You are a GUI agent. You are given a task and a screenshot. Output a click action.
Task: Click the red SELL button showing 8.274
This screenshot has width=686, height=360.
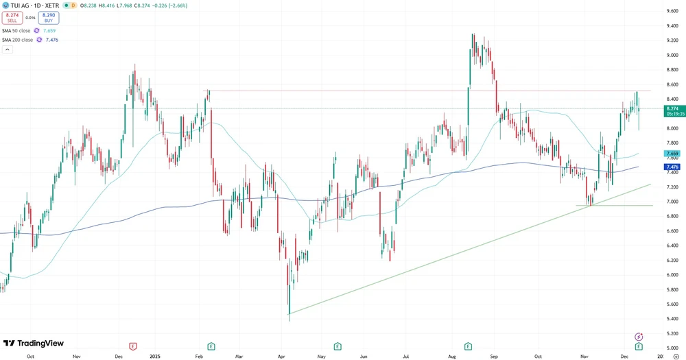click(12, 19)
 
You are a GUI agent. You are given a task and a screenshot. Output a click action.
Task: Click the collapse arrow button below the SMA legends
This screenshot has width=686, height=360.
click(7, 50)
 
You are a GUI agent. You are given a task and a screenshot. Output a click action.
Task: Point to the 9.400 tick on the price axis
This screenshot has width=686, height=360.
click(672, 25)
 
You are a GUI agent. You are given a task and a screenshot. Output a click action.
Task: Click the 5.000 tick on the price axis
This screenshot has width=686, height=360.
click(672, 348)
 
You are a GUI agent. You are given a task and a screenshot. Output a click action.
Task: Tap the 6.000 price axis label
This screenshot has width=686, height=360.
click(672, 274)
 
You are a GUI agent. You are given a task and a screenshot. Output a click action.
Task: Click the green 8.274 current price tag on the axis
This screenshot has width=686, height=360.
click(672, 108)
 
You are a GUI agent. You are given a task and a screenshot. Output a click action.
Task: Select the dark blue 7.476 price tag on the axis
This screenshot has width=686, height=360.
click(672, 167)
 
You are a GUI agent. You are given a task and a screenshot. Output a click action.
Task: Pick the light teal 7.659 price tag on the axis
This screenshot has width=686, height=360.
click(672, 154)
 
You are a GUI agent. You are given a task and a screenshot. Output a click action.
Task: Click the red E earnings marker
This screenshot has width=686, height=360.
click(132, 346)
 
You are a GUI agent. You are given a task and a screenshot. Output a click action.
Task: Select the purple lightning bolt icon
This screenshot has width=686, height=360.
click(639, 337)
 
